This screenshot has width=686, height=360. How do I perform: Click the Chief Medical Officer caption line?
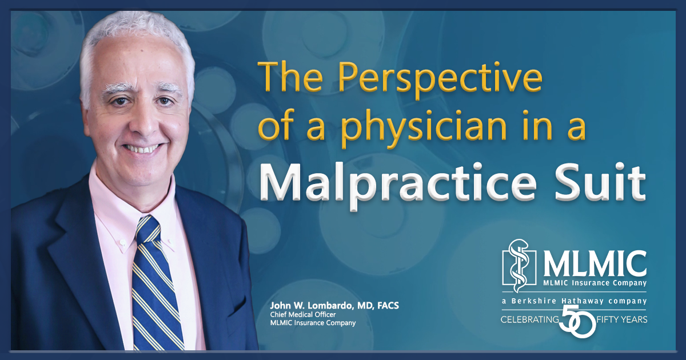[x=303, y=314]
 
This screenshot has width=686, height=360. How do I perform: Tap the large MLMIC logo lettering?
[x=595, y=263]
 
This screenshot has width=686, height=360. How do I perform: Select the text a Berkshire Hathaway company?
[x=574, y=301]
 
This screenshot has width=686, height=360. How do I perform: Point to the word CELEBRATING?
[x=530, y=319]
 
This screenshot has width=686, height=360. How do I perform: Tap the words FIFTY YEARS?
[x=622, y=319]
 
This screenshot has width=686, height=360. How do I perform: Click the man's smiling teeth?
[x=142, y=149]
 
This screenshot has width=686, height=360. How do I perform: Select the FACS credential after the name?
[x=388, y=306]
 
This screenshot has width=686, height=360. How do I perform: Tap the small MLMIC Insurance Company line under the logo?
[x=595, y=282]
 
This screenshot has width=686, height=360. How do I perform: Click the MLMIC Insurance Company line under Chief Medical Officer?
[x=313, y=323]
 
